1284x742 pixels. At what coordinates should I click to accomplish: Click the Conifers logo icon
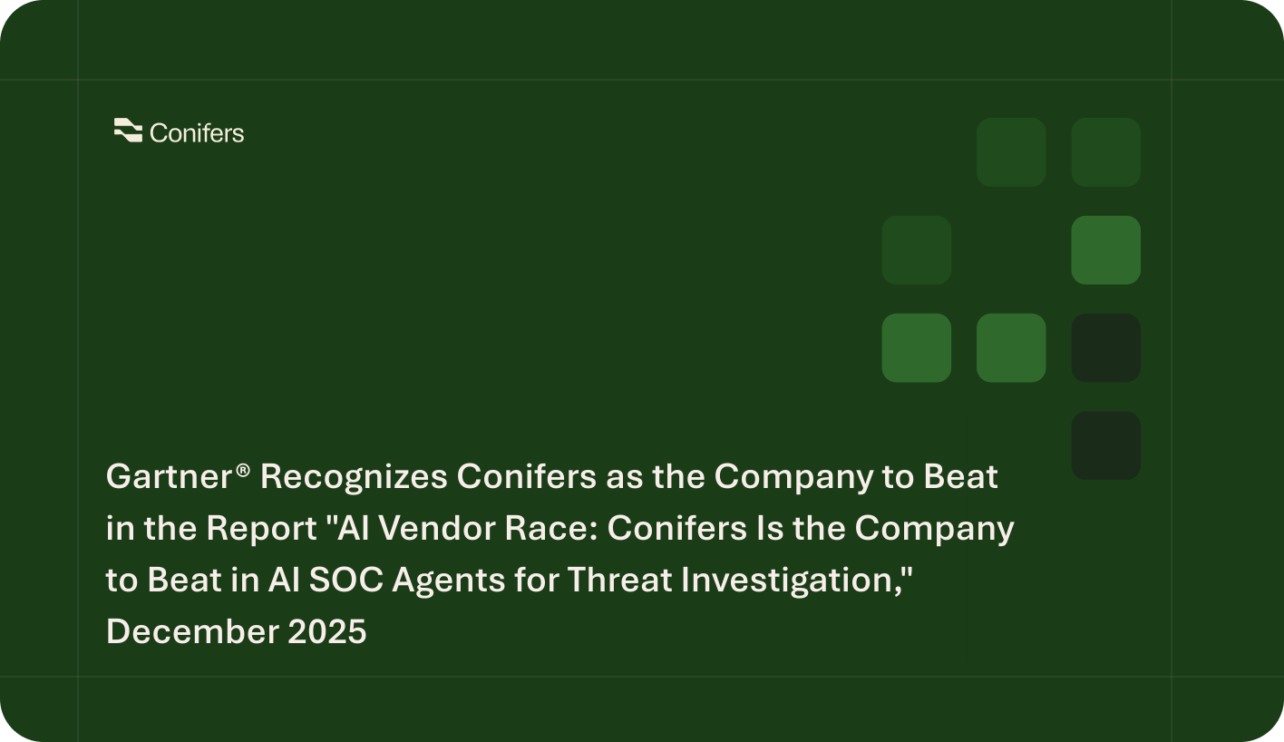click(x=128, y=132)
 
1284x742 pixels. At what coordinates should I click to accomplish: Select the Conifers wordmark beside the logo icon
click(x=197, y=133)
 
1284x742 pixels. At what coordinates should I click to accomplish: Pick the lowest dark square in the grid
click(x=1105, y=445)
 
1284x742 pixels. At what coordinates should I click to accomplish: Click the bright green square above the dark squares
click(x=1105, y=249)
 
